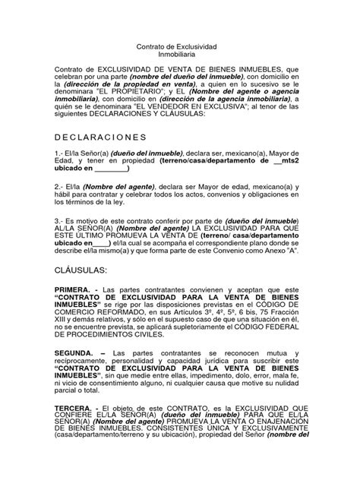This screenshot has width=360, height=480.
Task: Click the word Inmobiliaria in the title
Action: (180, 55)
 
